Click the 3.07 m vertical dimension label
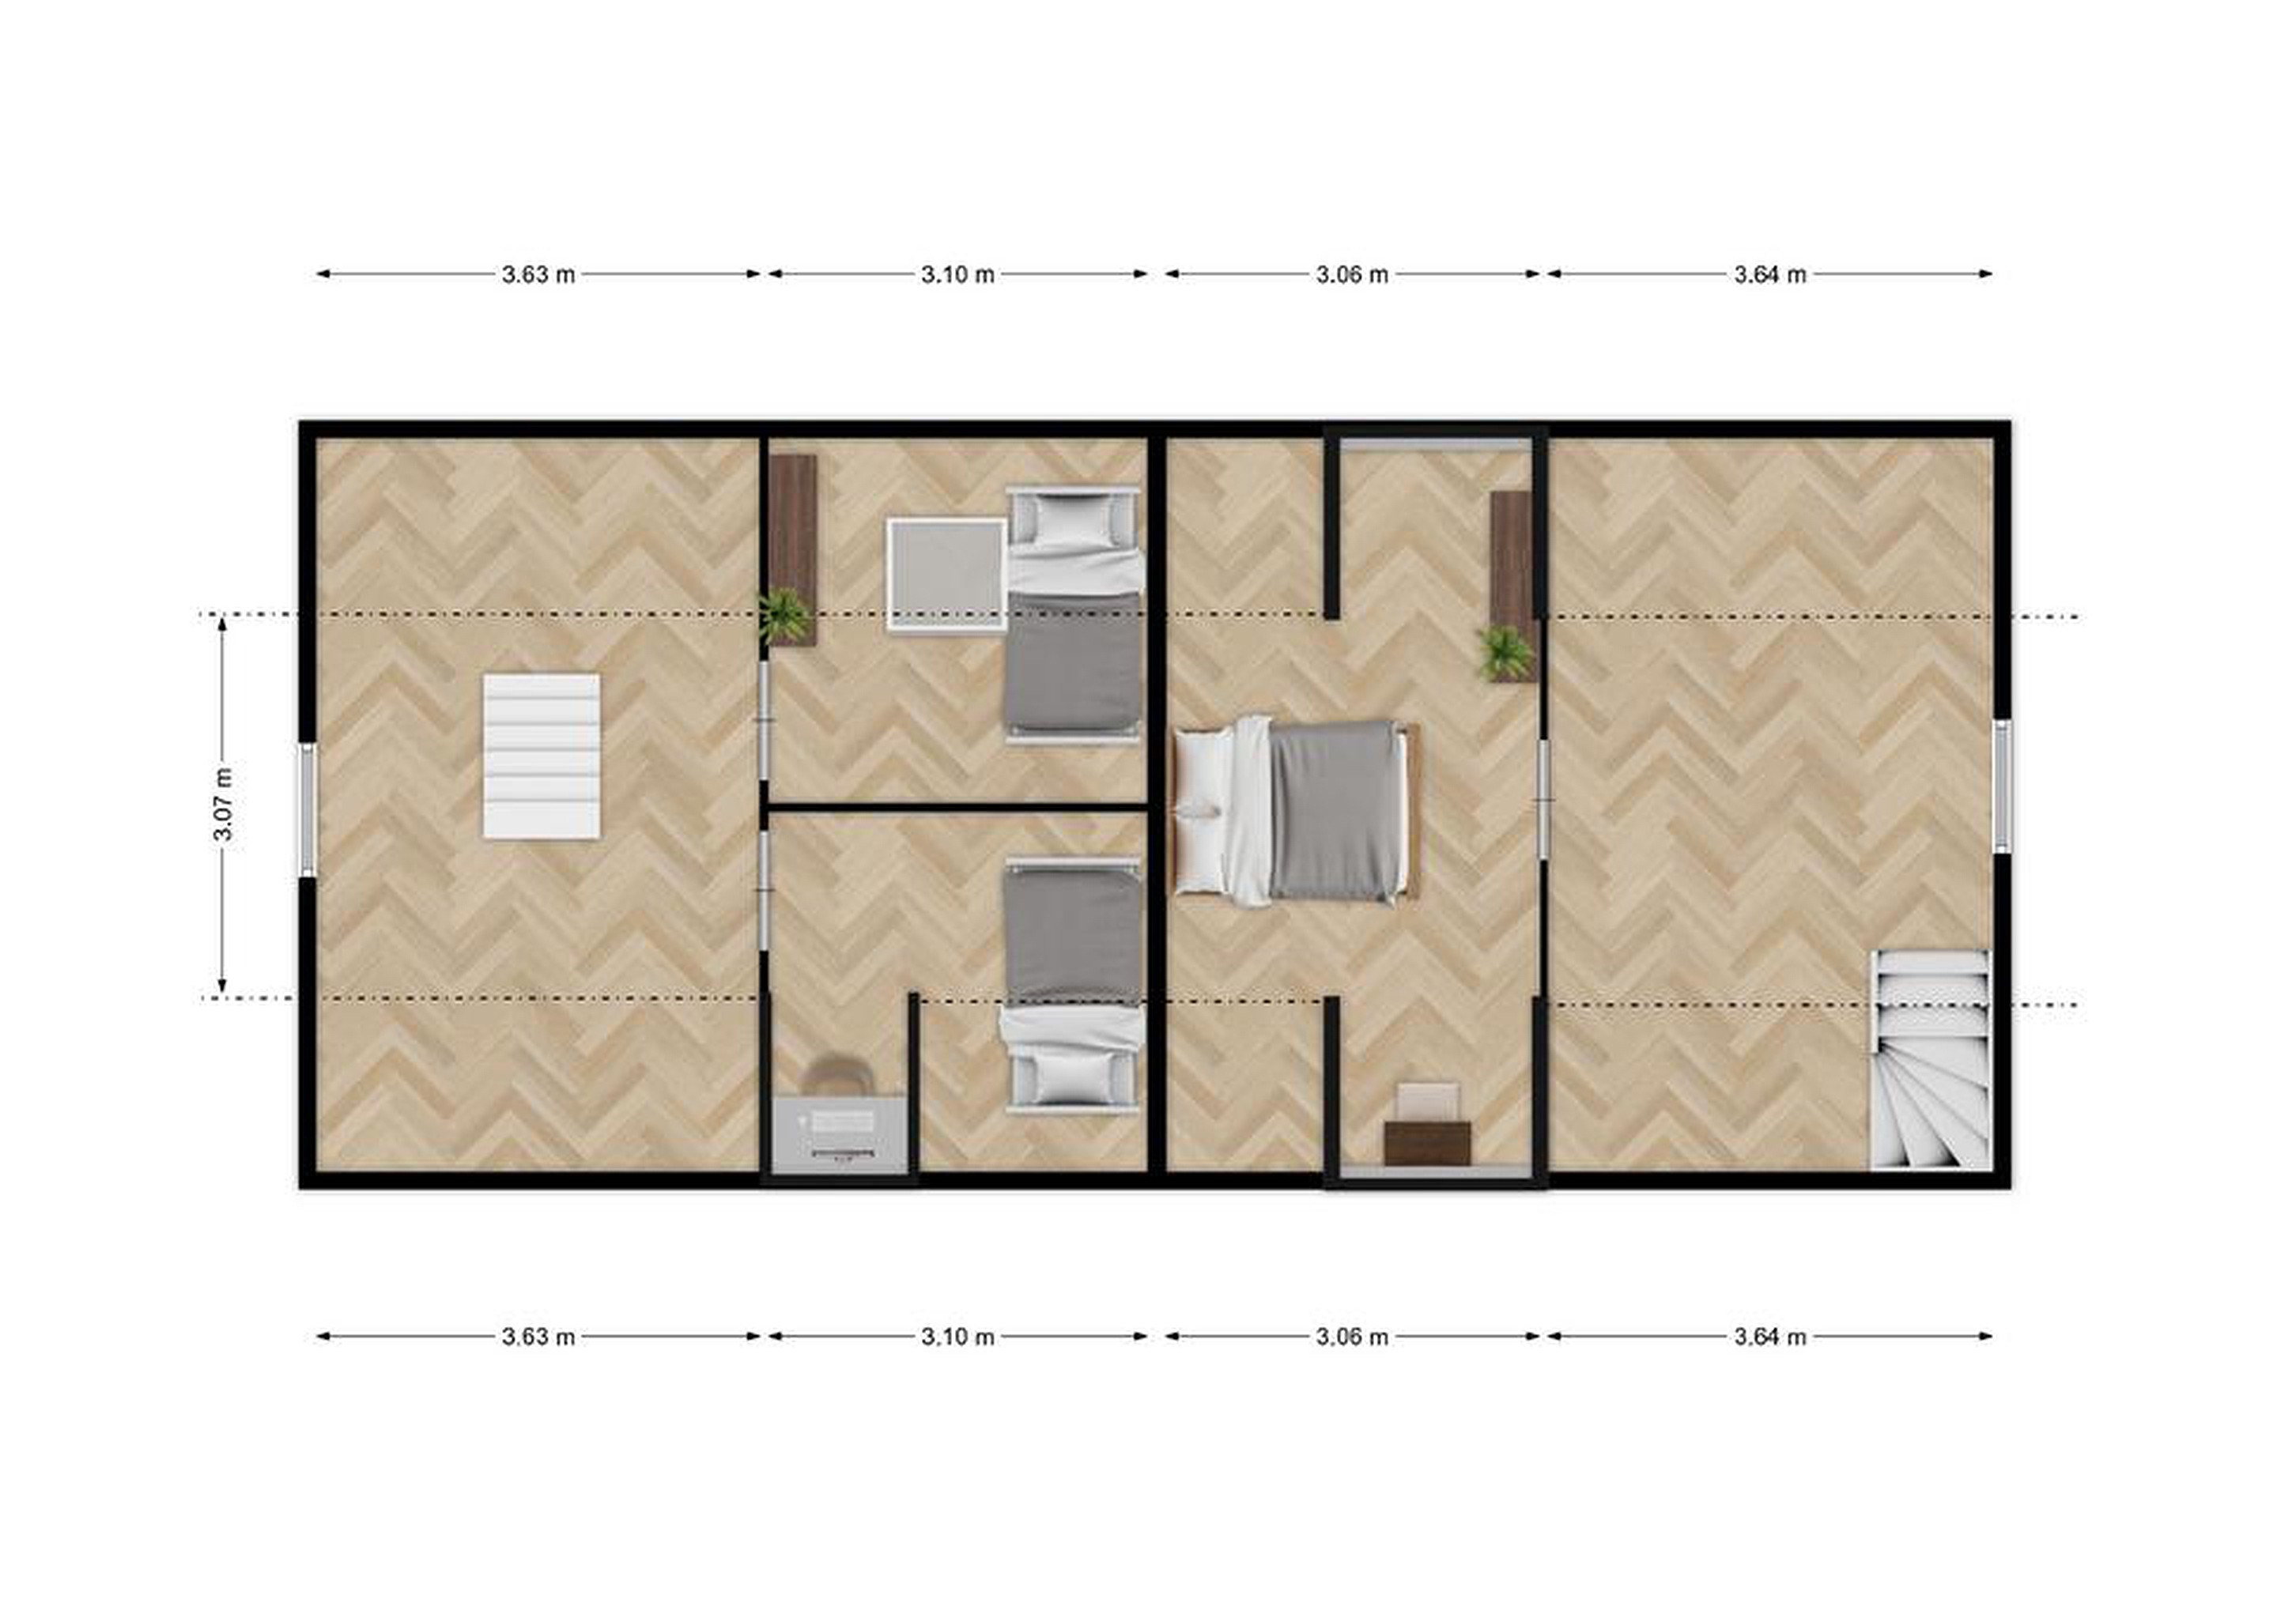[x=224, y=804]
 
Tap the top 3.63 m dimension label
[x=538, y=274]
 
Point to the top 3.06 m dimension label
[x=1353, y=274]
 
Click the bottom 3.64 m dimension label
[x=1770, y=1337]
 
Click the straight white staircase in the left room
[x=542, y=756]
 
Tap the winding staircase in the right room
[x=1931, y=1060]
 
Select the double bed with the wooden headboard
[x=1296, y=811]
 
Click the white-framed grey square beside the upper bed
[x=946, y=574]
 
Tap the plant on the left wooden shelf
[x=785, y=615]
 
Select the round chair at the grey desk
[x=836, y=1076]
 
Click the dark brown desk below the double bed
[x=1428, y=1143]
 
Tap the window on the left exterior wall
[x=308, y=810]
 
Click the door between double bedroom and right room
[x=1544, y=799]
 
